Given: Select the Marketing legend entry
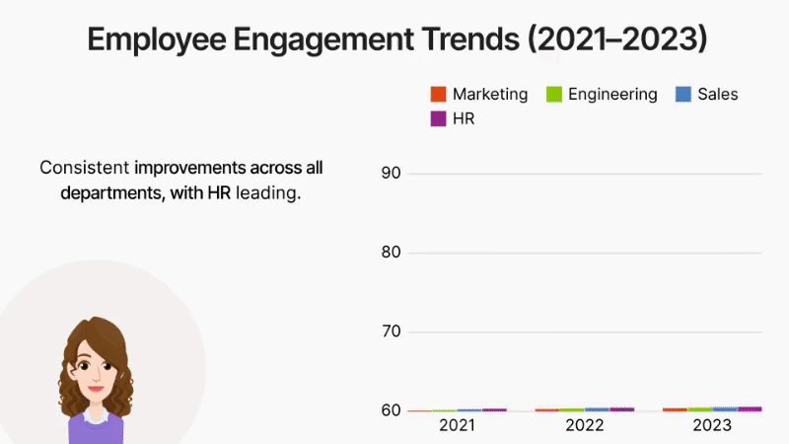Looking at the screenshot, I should (x=490, y=95).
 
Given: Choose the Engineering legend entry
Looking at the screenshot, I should (x=612, y=95).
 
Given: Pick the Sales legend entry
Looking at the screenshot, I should (x=717, y=95).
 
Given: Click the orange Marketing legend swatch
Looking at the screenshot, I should (x=439, y=95).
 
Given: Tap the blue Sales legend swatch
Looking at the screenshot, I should (x=682, y=95).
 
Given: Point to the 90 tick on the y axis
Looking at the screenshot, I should (x=390, y=174).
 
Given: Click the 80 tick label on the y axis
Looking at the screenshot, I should (x=390, y=253).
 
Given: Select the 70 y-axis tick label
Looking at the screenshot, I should (x=390, y=332).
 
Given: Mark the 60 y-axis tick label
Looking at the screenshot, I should (x=390, y=410).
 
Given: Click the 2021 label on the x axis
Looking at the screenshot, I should (x=457, y=426).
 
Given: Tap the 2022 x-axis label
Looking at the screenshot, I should (x=585, y=426).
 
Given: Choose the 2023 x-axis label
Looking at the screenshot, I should (x=712, y=426).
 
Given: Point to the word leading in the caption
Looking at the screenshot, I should (x=266, y=193).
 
